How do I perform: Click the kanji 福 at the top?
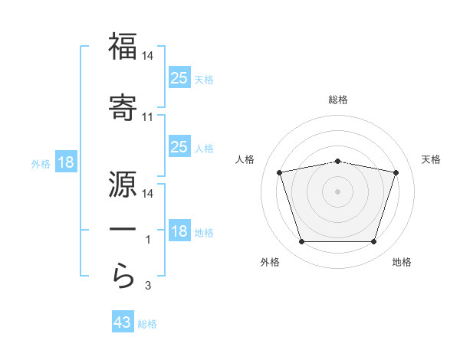click(123, 46)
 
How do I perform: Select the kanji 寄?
click(123, 107)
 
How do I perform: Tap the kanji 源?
click(123, 184)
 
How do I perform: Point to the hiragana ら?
click(123, 276)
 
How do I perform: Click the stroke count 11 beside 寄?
click(147, 117)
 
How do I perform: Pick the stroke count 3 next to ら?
click(148, 286)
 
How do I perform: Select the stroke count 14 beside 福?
click(147, 56)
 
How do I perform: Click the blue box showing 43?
click(123, 321)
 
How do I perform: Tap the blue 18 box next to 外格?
click(66, 162)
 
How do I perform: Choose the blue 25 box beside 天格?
click(179, 77)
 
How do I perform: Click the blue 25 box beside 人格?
click(179, 146)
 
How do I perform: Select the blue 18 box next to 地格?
click(179, 230)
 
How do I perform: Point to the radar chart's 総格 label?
click(338, 100)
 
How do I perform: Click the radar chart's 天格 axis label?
click(431, 159)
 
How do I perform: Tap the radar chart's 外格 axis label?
click(270, 262)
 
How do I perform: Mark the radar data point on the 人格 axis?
click(280, 172)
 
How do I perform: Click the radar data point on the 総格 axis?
click(337, 162)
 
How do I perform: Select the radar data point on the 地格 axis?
click(374, 242)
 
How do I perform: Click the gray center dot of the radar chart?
click(337, 191)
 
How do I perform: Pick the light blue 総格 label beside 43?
click(147, 324)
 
